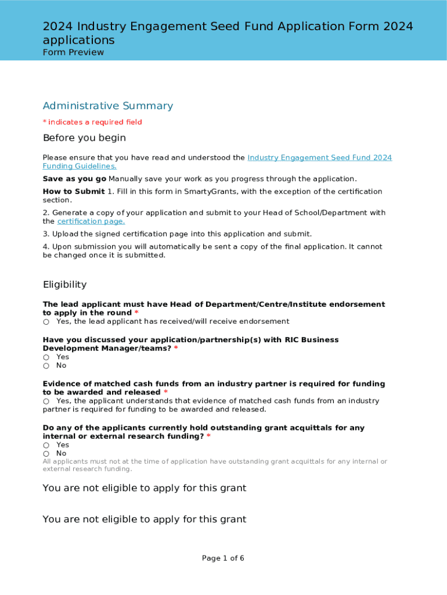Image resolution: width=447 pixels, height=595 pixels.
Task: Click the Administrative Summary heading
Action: [107, 106]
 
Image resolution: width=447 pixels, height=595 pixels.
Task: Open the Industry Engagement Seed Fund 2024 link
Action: [319, 157]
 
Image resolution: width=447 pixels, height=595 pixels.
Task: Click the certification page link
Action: [91, 221]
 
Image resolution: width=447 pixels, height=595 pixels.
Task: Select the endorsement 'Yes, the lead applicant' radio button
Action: [46, 322]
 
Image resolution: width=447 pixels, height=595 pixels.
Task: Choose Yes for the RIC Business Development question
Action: [46, 357]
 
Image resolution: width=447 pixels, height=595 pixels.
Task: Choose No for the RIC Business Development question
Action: [46, 366]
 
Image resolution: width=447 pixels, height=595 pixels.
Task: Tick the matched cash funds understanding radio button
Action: [46, 402]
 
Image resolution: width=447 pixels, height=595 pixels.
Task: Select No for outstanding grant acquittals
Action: [46, 454]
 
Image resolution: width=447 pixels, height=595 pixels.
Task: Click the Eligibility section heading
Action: [64, 284]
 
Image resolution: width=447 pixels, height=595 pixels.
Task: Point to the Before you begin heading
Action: [84, 138]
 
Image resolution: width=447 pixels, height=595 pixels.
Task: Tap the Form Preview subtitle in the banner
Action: [73, 52]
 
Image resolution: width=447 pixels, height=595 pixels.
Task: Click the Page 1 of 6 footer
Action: [223, 558]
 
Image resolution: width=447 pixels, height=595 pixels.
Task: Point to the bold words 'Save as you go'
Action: [74, 179]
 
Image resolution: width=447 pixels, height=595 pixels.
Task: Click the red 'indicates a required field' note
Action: [92, 122]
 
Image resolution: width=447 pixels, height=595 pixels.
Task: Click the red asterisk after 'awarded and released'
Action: [165, 393]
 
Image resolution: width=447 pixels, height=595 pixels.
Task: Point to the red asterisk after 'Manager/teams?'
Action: [176, 349]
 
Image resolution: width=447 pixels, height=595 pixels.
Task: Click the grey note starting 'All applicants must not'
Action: [215, 465]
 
